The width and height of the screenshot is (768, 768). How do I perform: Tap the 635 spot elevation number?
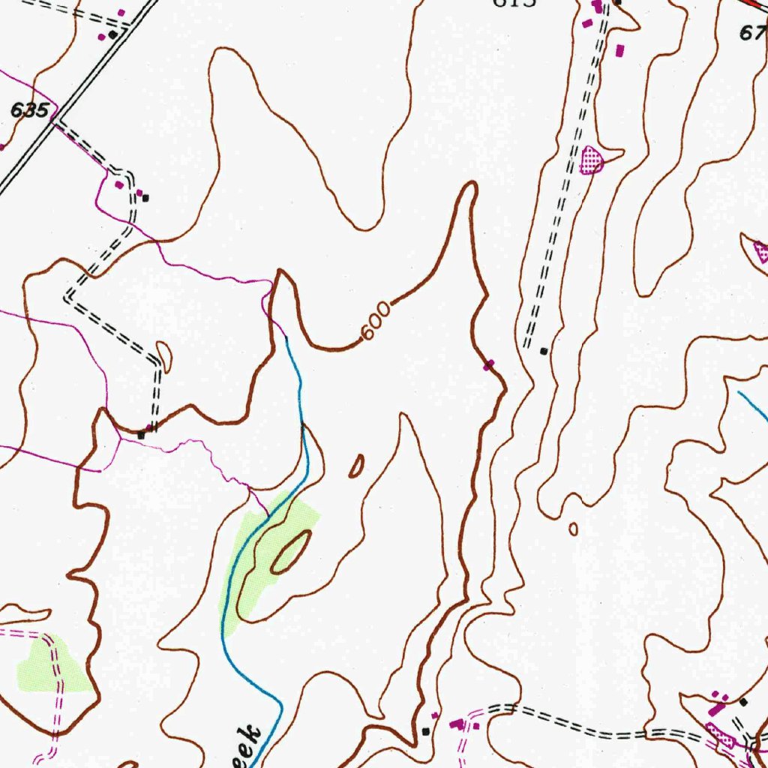pos(30,110)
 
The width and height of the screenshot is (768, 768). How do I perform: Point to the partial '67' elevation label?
pos(752,32)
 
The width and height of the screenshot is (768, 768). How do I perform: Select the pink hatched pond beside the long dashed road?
pos(592,160)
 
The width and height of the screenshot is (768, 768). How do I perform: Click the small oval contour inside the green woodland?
pos(292,553)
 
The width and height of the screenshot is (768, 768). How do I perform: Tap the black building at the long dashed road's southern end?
pos(544,350)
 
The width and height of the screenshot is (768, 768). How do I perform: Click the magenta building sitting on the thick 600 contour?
pos(489,365)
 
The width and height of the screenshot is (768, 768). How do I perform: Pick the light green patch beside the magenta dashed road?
pos(52,666)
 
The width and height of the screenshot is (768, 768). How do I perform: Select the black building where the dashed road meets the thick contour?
pos(141,434)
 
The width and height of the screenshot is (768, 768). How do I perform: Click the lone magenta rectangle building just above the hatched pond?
pos(619,51)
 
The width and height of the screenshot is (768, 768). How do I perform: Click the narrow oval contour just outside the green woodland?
pos(357,466)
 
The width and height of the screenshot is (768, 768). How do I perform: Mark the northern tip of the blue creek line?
pos(286,339)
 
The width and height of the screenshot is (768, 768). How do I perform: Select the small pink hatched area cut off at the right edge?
pos(760,252)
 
